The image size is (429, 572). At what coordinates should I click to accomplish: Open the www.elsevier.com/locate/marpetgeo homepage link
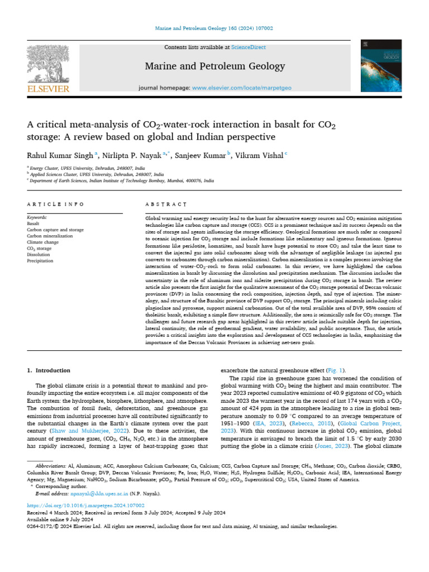pos(238,88)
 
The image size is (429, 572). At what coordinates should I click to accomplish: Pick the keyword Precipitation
pos(40,260)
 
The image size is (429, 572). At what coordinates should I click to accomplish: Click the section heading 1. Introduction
pos(49,370)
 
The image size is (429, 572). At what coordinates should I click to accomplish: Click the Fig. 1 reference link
pos(336,370)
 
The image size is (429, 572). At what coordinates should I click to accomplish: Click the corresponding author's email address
pos(87,493)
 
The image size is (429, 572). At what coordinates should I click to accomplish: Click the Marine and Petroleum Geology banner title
pos(214,66)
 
